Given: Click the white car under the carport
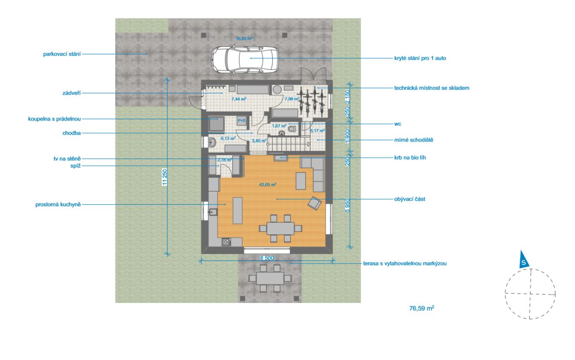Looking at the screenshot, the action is pos(245,60).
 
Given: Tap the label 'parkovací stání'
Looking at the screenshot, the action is pos(62,54).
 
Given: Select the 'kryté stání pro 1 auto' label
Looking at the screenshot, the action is pos(420,58).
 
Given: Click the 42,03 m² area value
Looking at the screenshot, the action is pos(268,184).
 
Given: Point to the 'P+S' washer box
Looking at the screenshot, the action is pos(242,120).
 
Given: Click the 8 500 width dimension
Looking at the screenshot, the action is pos(267,258).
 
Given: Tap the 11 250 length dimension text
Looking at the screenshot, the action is pos(165,177).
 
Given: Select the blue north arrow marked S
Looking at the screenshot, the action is pos(524,260).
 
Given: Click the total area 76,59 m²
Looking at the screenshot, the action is pos(421,308).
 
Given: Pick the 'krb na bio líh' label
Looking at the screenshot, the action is pos(410,157).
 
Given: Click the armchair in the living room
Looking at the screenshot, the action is pos(314,203).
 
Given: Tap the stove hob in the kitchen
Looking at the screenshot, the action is pos(226,242).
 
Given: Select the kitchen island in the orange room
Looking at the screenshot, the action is pos(237,210).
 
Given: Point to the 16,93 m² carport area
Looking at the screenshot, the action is pos(244,39).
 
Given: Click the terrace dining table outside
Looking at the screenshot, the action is pos(270,278).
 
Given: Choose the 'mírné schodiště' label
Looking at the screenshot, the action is pos(414,140).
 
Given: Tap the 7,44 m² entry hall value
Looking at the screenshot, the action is pos(239,99).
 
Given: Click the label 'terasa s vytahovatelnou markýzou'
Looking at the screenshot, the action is pos(405,264).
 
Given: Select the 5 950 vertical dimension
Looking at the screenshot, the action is pos(347,205).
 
